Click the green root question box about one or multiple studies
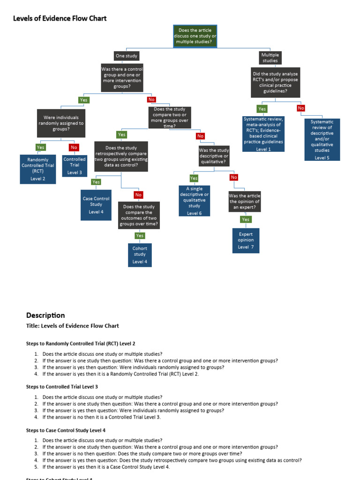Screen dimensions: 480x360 (195, 36)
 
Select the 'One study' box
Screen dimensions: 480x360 (127, 56)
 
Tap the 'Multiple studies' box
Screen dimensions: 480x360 (270, 58)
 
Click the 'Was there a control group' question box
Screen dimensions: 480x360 (122, 77)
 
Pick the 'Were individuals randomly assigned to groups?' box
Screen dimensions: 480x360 (61, 123)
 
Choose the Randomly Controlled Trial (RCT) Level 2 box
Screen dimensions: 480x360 (38, 169)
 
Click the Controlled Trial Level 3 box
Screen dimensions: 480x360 (75, 165)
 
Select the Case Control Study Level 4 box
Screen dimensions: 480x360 (96, 205)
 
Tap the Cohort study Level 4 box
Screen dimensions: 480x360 (140, 255)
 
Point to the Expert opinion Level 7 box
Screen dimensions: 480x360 (246, 240)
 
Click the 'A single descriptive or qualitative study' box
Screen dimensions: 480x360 (194, 201)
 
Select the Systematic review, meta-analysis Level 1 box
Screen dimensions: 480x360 (263, 134)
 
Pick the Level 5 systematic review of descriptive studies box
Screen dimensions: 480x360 (322, 139)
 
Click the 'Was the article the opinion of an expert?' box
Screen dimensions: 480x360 (244, 202)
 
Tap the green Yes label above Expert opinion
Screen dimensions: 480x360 (246, 219)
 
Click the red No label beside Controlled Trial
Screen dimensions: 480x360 (74, 148)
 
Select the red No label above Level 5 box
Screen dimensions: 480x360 (301, 108)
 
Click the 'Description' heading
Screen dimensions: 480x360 (45, 315)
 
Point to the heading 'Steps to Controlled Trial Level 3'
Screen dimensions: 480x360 (62, 387)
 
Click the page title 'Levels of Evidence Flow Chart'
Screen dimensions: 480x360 (60, 18)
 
